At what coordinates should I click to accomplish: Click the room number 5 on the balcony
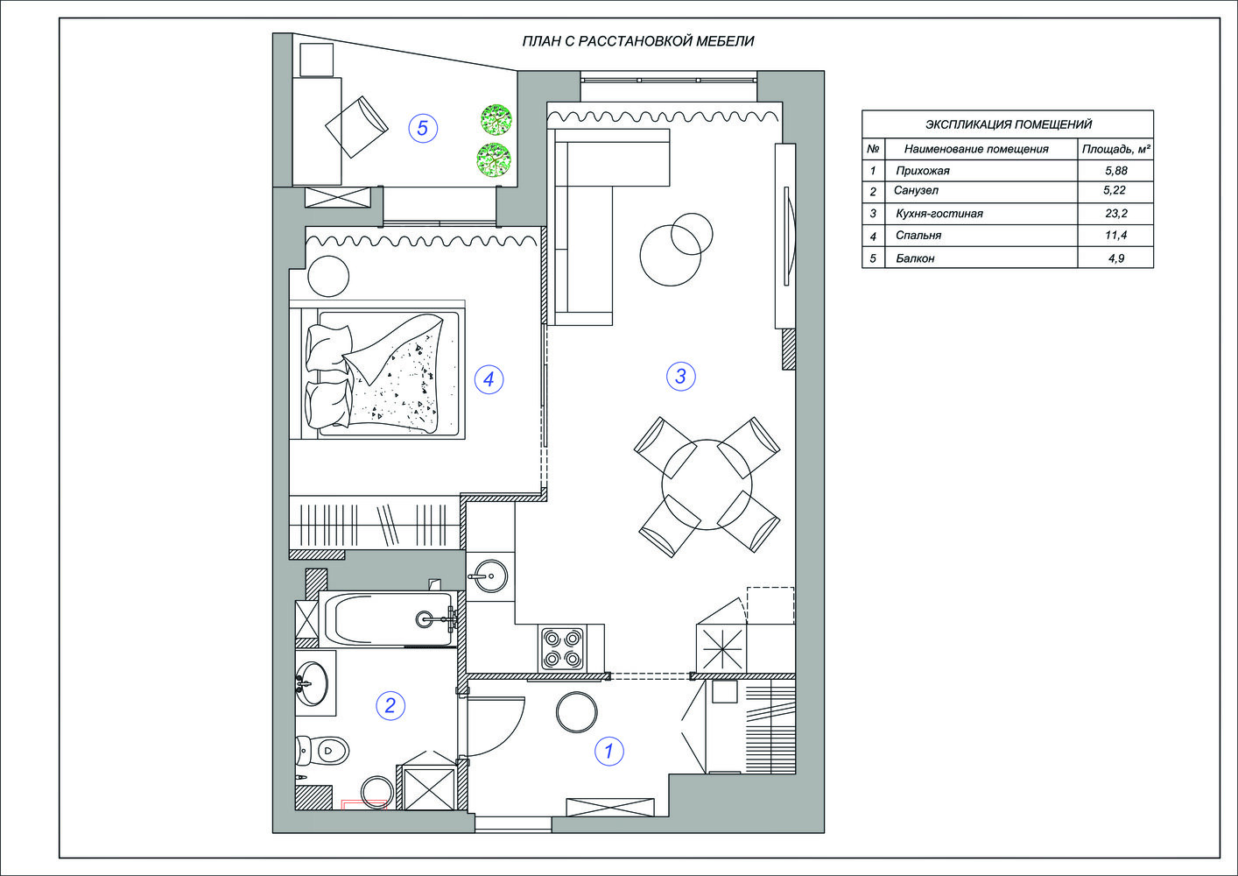[423, 128]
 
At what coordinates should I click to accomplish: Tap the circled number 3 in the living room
[680, 377]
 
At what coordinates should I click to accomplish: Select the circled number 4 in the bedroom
[489, 379]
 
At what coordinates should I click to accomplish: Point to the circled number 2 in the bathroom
[390, 706]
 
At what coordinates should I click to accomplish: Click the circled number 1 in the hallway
[609, 751]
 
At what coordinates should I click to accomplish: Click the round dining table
[707, 484]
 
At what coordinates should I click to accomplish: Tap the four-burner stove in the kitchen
[562, 648]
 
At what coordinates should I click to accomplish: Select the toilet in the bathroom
[322, 751]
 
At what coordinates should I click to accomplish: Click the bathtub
[389, 619]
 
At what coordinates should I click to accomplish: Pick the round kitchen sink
[488, 576]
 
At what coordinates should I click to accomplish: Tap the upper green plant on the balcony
[496, 119]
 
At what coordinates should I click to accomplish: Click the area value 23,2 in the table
[1115, 214]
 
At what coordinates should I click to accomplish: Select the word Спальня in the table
[918, 236]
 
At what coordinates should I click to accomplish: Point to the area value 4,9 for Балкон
[1115, 258]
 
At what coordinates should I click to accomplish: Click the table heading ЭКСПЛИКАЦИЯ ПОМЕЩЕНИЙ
[1008, 124]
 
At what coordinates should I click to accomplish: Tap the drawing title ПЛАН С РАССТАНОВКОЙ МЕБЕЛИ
[638, 41]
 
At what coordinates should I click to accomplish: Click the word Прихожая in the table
[923, 171]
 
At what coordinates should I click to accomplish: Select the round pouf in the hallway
[576, 712]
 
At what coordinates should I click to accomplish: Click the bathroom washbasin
[313, 683]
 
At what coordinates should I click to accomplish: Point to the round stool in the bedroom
[328, 276]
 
